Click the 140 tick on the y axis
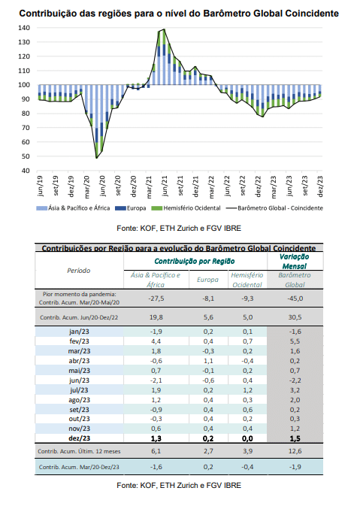coord(24,28)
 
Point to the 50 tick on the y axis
coord(26,156)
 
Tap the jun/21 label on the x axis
coord(165,186)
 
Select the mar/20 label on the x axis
coord(86,186)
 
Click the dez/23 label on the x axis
coord(320,186)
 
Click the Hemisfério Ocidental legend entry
coord(186,208)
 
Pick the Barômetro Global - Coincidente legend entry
coord(274,208)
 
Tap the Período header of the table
coord(79,271)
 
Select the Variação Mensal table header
coord(294,262)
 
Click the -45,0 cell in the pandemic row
coord(295,298)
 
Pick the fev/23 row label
coord(79,341)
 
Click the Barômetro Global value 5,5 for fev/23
coord(295,341)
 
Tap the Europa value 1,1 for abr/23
coord(208,361)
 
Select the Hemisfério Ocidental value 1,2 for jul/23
coord(247,390)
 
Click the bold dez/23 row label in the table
coord(80,438)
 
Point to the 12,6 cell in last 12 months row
coord(295,451)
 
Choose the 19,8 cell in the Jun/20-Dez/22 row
coord(156,317)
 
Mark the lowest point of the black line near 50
coord(96,158)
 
